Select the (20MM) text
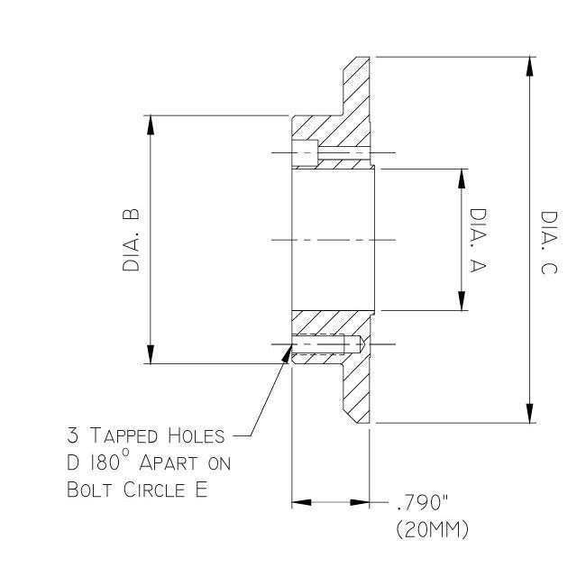[432, 530]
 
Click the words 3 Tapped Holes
[143, 437]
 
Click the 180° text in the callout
[112, 463]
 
